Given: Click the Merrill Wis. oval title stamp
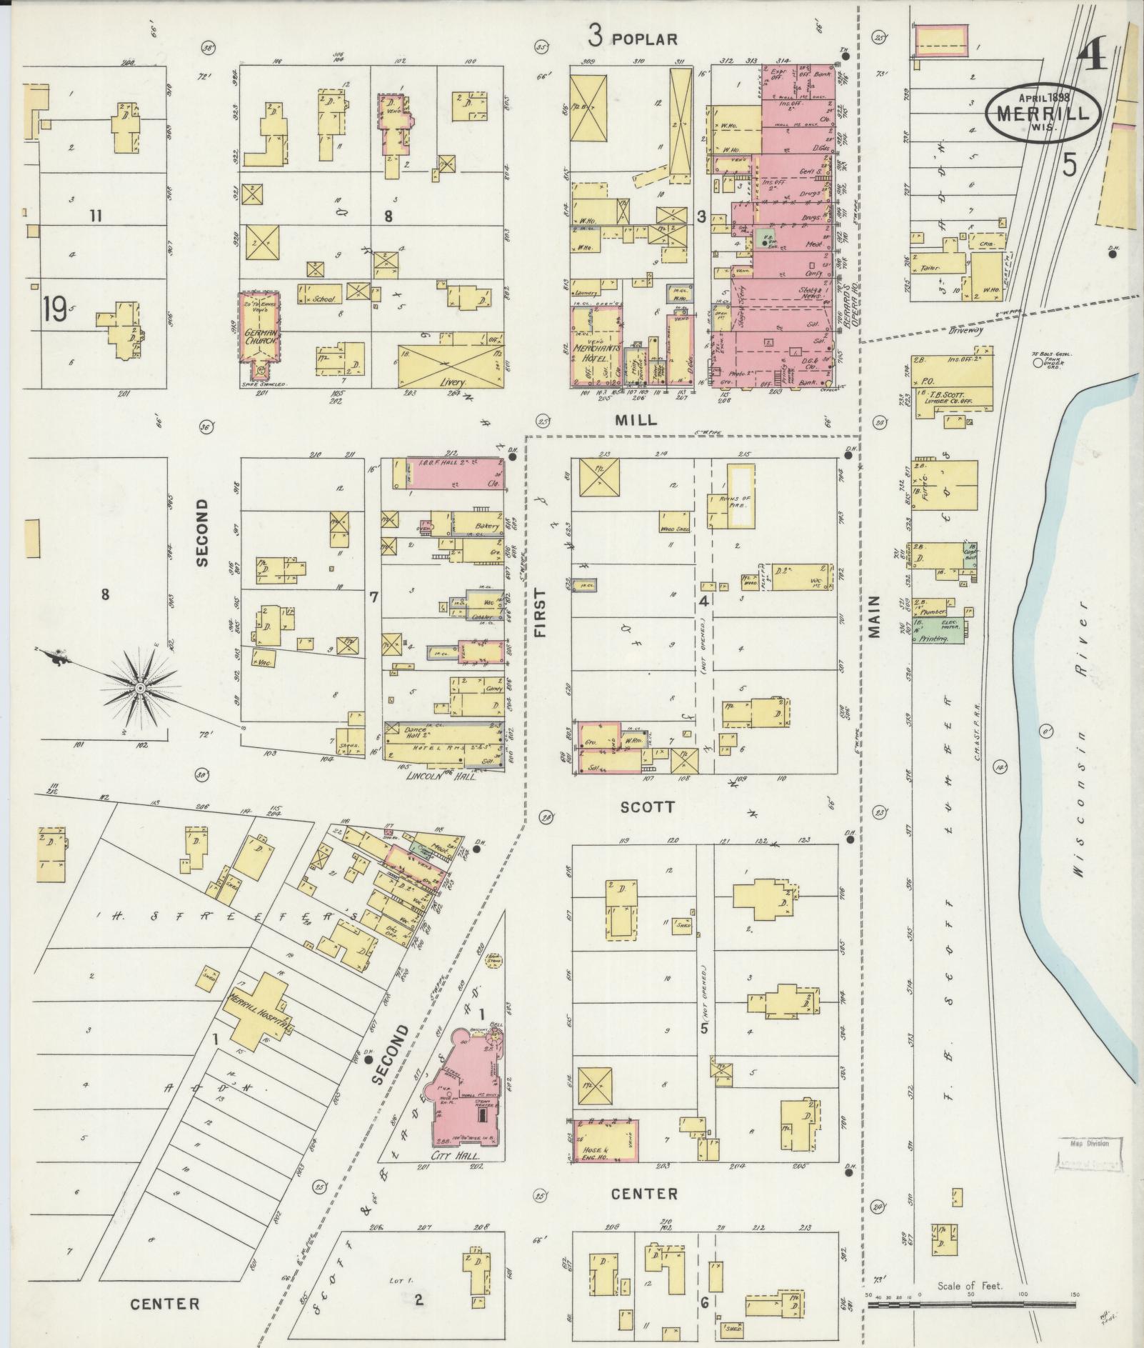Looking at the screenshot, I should coord(1043,112).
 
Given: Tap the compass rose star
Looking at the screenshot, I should coord(141,687).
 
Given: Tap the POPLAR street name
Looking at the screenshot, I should coord(644,39).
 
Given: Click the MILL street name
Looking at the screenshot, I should coord(636,420).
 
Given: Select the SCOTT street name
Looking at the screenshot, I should coord(647,807).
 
